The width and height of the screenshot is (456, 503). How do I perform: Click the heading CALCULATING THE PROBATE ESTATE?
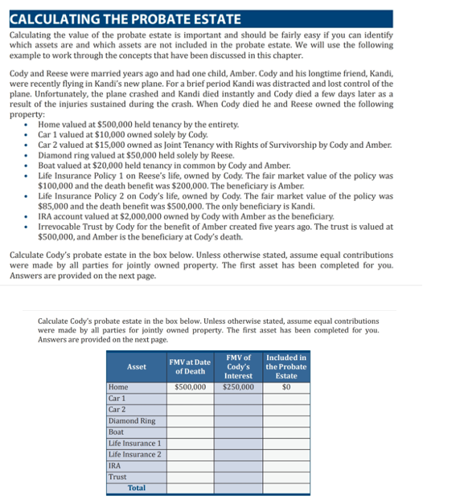tap(125, 18)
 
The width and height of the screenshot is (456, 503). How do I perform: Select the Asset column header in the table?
tap(137, 366)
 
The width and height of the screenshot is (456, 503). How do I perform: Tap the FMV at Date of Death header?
tap(190, 366)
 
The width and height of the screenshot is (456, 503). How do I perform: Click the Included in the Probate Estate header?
tap(286, 366)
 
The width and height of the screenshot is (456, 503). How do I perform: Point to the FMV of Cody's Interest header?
tap(238, 366)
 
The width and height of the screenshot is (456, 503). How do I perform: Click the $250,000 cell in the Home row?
tap(238, 386)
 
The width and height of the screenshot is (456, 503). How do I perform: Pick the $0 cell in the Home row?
tap(286, 386)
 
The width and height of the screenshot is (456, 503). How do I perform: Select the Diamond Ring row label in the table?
tap(132, 420)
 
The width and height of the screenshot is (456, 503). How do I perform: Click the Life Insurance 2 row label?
tap(134, 454)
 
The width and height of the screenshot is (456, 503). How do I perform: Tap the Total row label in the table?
tap(137, 488)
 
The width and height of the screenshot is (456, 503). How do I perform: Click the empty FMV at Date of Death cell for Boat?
tap(190, 431)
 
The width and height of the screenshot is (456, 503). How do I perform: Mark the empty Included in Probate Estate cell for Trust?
tap(286, 476)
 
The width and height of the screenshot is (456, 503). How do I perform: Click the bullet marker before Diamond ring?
tap(28, 155)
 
